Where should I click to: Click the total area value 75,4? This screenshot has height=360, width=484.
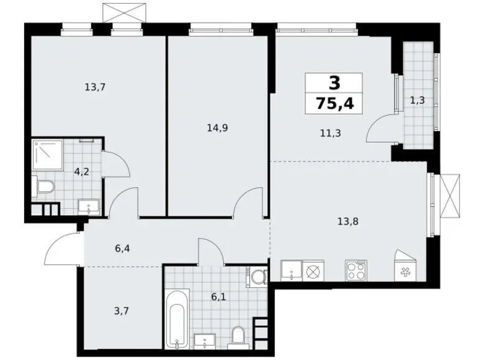335,102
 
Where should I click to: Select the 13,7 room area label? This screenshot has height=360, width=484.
95,88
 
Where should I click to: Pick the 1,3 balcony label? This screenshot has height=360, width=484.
418,100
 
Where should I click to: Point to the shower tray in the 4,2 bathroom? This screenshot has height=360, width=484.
48,155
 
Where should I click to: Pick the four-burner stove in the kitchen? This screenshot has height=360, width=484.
358,271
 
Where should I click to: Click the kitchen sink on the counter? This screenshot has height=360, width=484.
290,271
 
